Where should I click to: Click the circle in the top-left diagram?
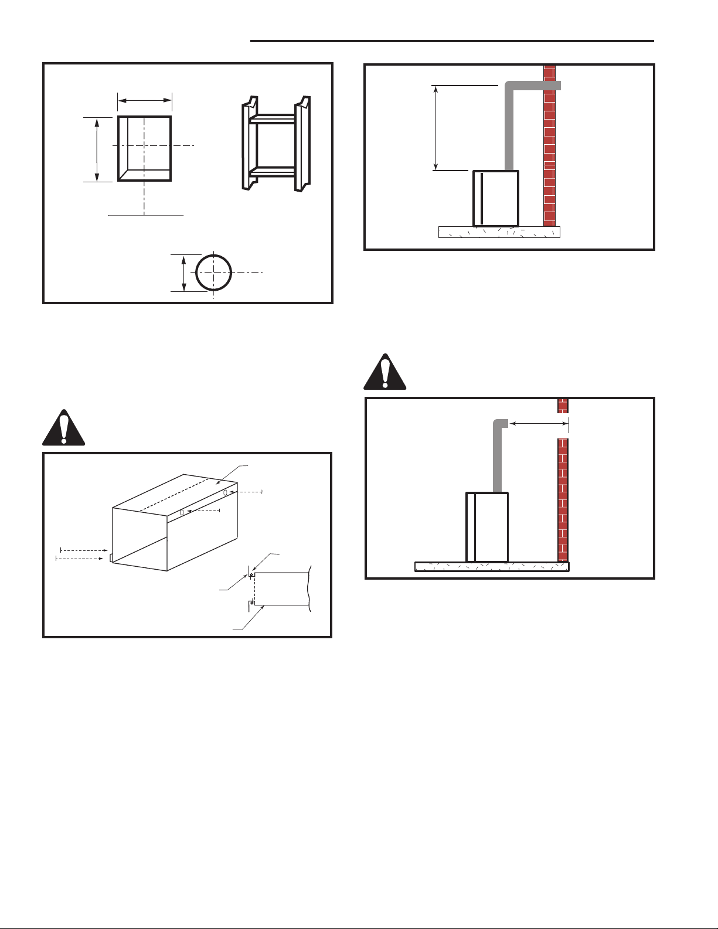coord(214,273)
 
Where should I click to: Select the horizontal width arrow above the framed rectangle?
coord(144,101)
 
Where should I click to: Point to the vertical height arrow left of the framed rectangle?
coord(97,149)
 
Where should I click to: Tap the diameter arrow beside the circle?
coord(185,273)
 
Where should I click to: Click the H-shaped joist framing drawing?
coord(276,144)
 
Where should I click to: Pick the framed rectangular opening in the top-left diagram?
coord(145,148)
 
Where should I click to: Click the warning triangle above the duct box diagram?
coord(64,427)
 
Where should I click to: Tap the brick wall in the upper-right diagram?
coord(549,147)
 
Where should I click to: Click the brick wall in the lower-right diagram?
coord(563,481)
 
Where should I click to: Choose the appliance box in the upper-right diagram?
coord(496,198)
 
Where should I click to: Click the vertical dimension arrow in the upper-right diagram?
coord(435,128)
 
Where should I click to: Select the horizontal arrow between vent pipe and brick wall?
coord(538,423)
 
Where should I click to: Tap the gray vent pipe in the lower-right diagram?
coord(498,457)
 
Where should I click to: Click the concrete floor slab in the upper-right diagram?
coord(499,232)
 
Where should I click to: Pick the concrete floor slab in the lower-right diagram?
coord(492,567)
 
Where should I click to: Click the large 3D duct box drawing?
coord(175,522)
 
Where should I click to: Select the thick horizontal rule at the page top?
coord(451,41)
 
